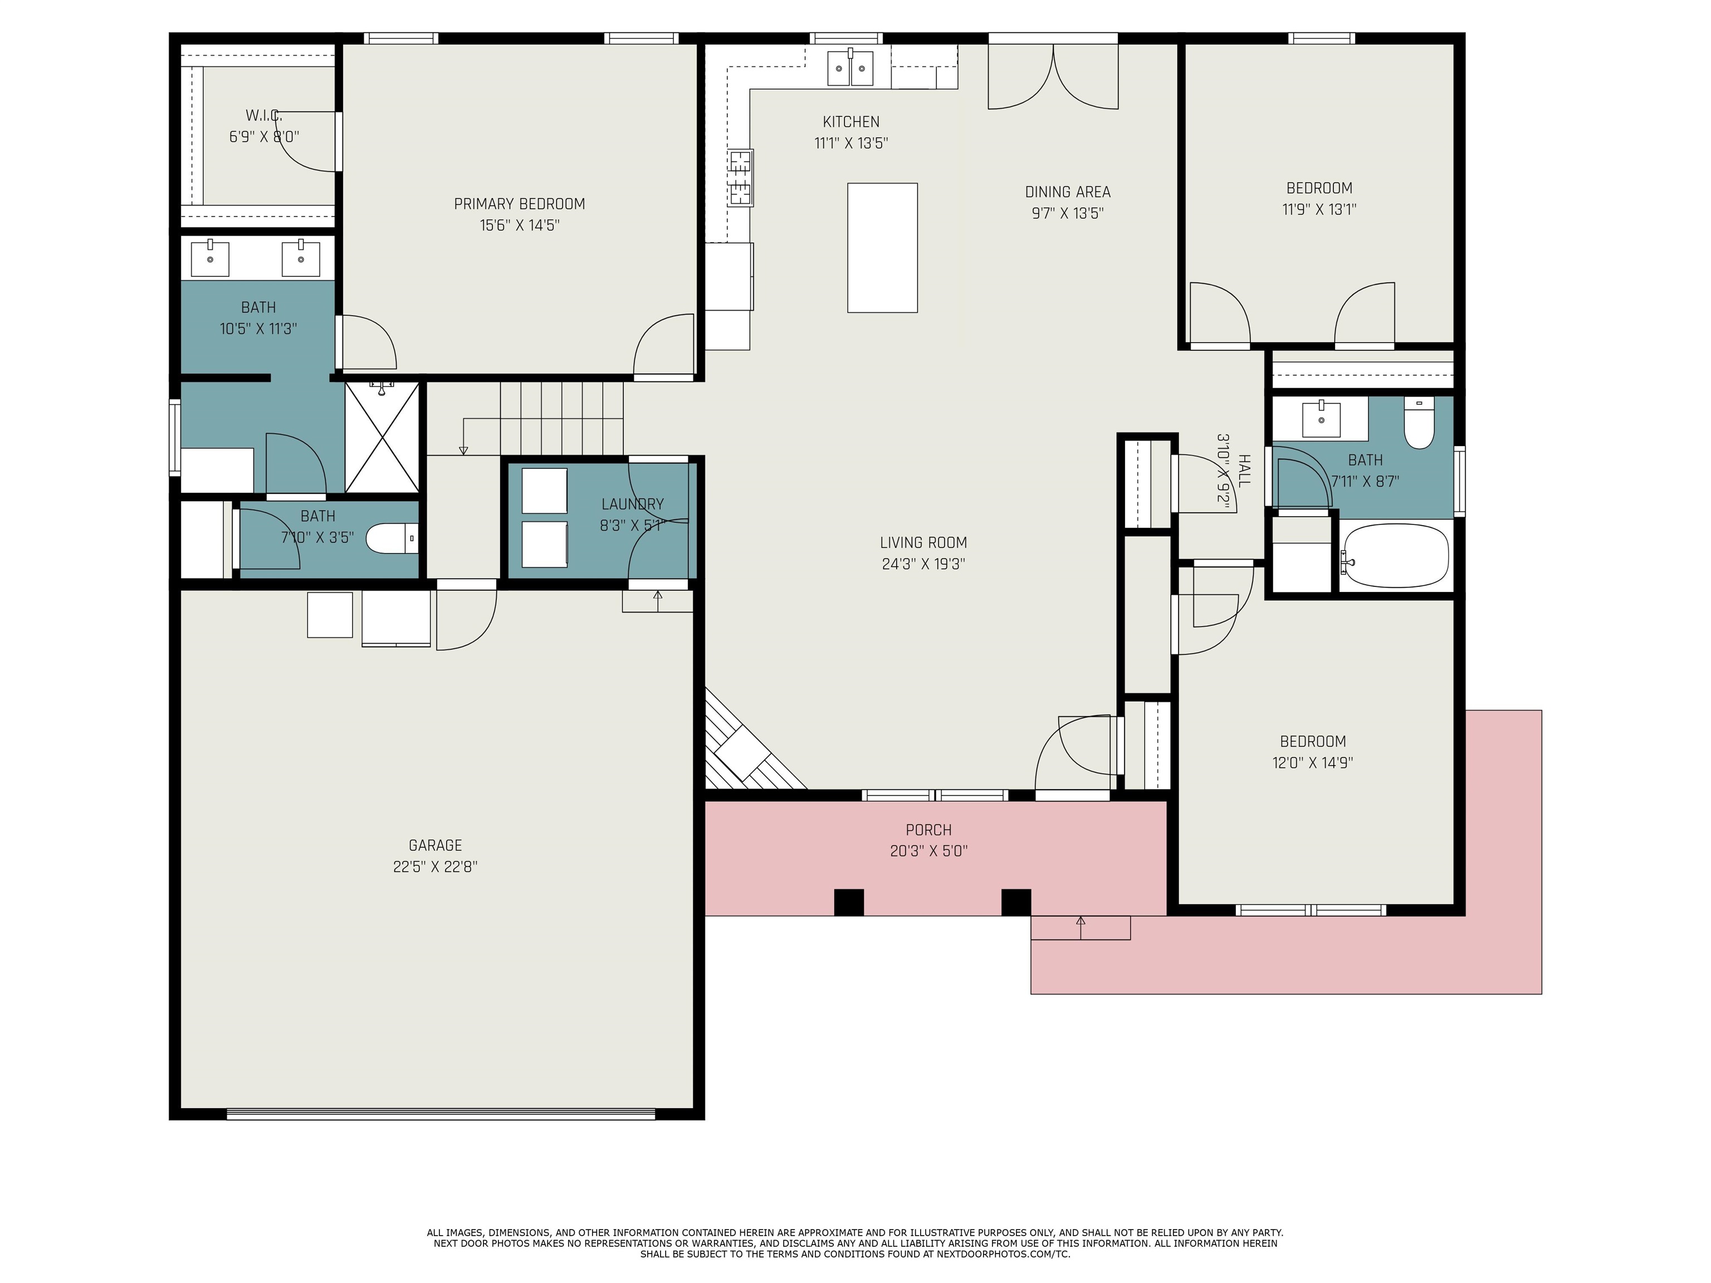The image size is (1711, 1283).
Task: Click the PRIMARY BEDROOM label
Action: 519,204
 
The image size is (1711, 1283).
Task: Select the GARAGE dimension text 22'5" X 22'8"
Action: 436,867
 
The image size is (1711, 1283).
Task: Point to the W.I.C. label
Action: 264,115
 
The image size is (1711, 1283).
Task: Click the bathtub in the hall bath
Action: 1394,555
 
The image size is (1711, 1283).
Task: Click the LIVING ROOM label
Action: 923,543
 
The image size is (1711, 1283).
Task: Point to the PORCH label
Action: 928,830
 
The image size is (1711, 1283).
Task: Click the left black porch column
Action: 849,903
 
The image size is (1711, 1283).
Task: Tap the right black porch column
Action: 1016,903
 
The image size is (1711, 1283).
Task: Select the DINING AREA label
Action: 1068,192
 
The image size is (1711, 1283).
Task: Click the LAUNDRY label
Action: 633,504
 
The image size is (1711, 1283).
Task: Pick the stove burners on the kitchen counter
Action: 740,178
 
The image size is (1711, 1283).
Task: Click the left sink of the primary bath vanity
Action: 209,257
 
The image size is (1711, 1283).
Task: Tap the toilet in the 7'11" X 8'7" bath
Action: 1419,422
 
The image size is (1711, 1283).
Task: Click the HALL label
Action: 1244,470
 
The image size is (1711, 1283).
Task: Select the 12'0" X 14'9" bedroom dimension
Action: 1313,762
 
